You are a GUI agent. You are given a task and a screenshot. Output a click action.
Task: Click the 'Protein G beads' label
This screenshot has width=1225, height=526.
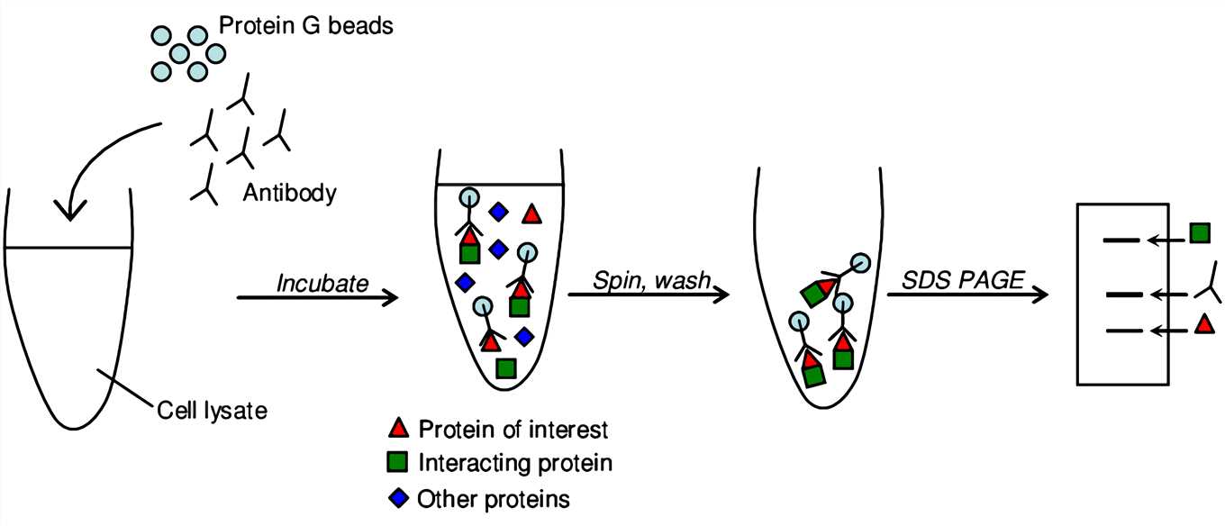(x=305, y=26)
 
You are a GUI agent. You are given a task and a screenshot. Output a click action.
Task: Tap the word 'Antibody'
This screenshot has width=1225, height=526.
(x=289, y=193)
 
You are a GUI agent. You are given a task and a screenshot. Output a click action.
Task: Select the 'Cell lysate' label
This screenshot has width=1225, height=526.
(x=213, y=410)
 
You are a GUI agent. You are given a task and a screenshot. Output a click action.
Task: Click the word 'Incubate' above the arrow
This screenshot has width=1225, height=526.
(x=322, y=283)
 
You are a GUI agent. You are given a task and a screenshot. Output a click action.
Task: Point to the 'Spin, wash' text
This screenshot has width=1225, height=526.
(x=652, y=280)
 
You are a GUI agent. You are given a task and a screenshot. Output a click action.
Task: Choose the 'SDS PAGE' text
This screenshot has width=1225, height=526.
(x=963, y=280)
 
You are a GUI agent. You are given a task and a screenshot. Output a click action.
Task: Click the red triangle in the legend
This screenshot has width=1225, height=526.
(x=399, y=428)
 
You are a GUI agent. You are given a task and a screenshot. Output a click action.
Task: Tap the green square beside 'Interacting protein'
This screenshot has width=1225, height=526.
(x=397, y=462)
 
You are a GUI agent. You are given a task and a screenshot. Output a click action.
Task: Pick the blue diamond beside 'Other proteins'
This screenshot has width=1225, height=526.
(x=398, y=498)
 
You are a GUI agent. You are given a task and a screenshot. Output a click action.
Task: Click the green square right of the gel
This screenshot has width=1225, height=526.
(x=1200, y=233)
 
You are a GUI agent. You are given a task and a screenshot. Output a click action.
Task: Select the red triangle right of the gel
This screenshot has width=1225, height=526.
(x=1204, y=323)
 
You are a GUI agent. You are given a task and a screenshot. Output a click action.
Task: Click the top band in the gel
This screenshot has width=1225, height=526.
(x=1121, y=240)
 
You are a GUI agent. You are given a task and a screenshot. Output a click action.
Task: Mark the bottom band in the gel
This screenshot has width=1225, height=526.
(x=1124, y=331)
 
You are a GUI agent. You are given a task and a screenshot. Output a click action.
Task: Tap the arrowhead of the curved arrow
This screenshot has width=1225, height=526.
(x=70, y=210)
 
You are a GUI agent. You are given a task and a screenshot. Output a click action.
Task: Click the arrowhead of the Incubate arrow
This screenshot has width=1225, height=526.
(x=391, y=297)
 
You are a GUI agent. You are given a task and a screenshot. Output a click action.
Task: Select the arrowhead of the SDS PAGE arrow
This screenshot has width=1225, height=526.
(x=1040, y=295)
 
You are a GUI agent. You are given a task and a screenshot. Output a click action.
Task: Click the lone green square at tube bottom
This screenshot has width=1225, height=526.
(x=506, y=368)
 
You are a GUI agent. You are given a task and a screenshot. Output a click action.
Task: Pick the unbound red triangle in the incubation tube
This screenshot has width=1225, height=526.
(x=531, y=213)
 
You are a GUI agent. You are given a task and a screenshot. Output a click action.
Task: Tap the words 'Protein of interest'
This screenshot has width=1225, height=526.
(x=513, y=430)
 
